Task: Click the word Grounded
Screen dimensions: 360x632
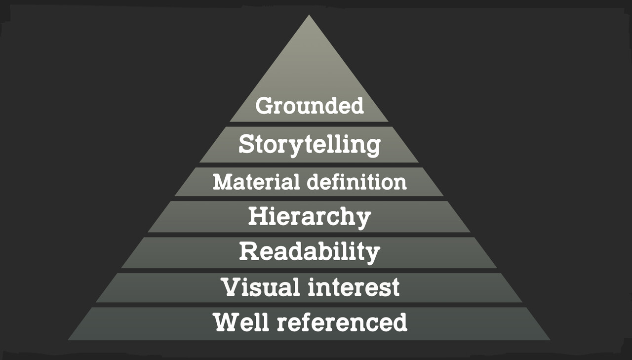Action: point(310,106)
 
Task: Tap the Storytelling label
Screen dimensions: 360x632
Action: point(310,145)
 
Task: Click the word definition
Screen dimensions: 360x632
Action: point(357,182)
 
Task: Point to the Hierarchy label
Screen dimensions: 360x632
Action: point(310,217)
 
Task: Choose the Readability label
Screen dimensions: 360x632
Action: point(310,251)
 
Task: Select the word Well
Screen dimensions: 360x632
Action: point(242,322)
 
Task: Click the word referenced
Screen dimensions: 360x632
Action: point(342,322)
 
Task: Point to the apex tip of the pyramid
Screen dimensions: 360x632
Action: point(309,16)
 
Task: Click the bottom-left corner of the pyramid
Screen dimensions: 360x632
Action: point(69,339)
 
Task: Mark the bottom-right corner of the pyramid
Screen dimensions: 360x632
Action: point(550,339)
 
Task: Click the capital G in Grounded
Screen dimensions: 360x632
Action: point(265,106)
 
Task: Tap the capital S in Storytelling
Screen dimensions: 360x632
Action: point(247,144)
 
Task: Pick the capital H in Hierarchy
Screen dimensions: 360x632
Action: point(258,216)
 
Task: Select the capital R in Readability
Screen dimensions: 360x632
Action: point(249,251)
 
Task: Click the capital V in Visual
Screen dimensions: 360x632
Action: point(231,287)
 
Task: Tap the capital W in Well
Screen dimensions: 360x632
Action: point(228,322)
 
